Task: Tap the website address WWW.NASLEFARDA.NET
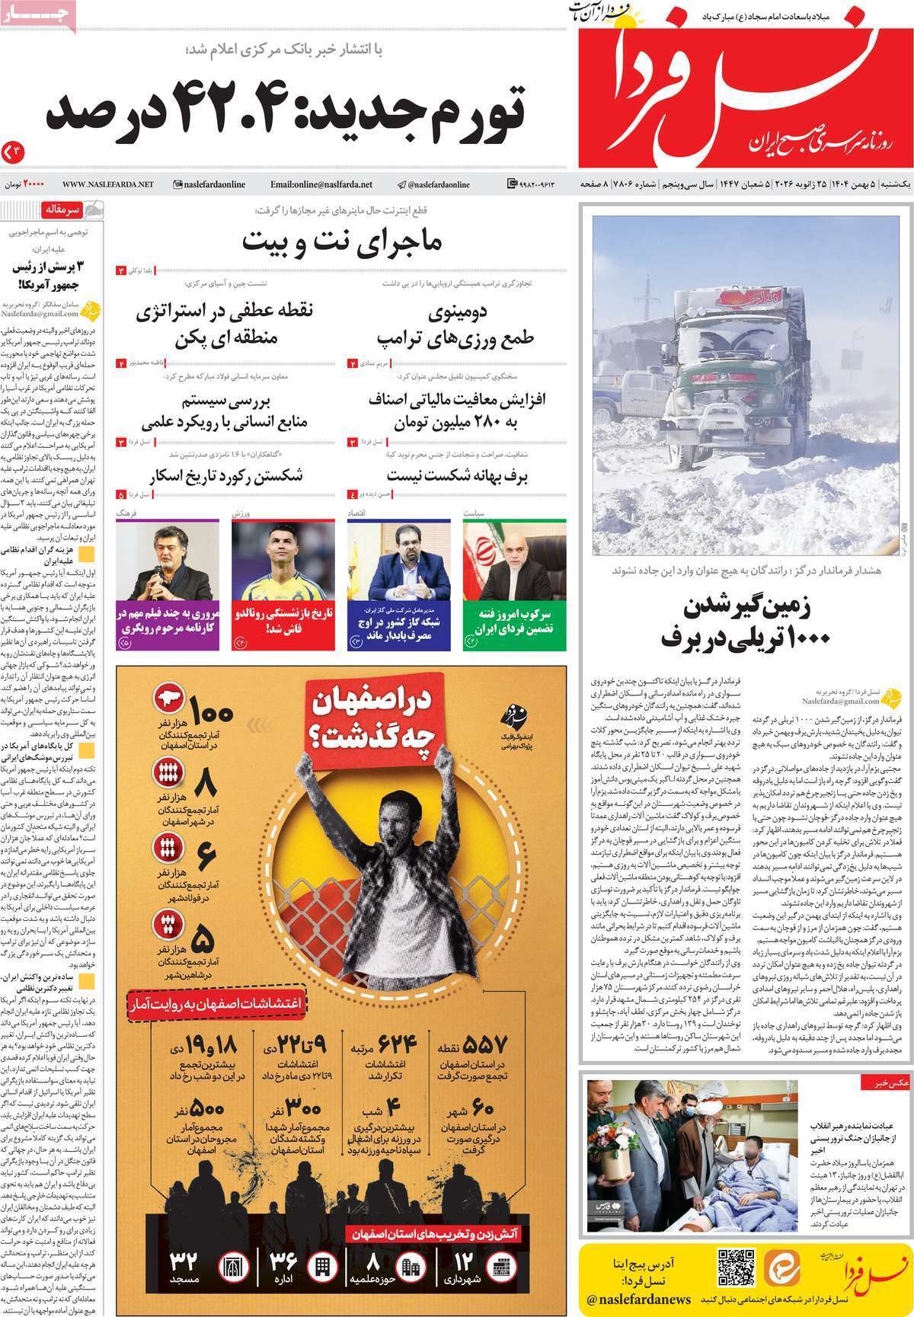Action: coord(108,184)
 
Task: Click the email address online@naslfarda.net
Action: coord(321,184)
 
